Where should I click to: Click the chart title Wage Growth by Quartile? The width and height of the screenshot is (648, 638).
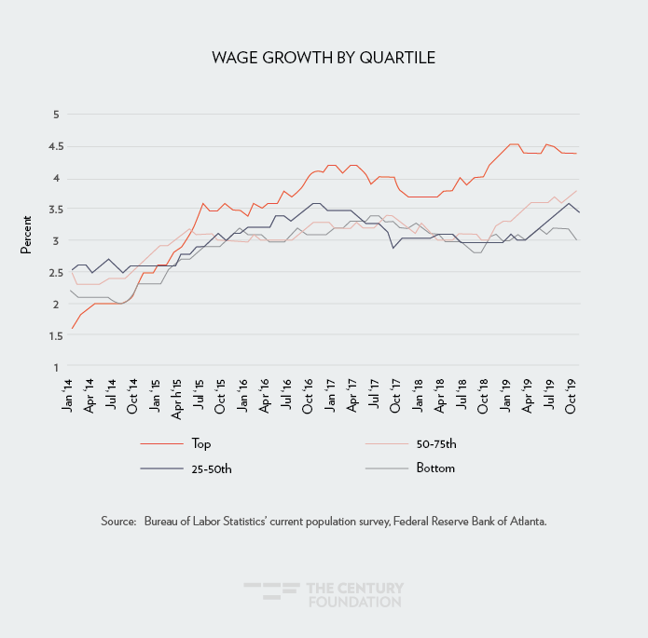[324, 59]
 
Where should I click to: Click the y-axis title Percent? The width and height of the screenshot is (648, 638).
[26, 241]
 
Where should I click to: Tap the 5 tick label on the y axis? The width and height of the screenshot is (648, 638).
[56, 115]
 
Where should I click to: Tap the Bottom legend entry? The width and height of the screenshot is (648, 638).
[434, 468]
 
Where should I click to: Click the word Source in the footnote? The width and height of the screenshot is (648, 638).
[118, 522]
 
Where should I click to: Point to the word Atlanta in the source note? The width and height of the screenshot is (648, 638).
[525, 522]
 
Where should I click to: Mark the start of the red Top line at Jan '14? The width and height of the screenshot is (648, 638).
[72, 329]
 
